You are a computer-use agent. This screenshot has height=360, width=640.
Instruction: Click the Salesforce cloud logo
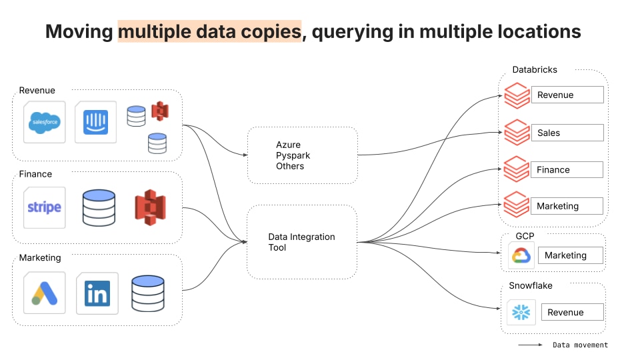coord(45,122)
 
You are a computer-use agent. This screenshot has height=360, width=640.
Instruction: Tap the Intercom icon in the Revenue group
coord(95,122)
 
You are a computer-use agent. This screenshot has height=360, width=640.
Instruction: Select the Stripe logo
coord(45,207)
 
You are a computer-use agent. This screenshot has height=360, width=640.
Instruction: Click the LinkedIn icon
coord(97,293)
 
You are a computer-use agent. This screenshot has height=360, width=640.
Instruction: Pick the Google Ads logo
coord(45,293)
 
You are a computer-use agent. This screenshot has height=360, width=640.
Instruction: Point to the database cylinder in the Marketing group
coord(148,293)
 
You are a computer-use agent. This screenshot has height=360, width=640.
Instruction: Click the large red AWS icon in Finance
coord(150,207)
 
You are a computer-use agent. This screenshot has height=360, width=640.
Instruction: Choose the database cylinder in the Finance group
coord(99,207)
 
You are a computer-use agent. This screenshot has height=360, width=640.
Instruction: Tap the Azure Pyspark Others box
coord(303,155)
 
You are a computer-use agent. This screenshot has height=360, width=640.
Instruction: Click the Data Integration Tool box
coord(302,242)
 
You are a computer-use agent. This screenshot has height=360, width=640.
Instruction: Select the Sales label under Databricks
coord(549,133)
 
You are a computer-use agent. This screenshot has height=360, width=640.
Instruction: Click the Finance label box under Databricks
coord(567,169)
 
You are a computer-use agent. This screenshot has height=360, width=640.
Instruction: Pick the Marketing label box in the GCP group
coord(571,255)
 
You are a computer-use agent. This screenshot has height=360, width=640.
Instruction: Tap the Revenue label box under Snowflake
coord(573,312)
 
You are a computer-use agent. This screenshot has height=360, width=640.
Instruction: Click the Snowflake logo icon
coord(521,312)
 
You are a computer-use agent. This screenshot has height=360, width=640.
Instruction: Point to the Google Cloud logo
coord(521,255)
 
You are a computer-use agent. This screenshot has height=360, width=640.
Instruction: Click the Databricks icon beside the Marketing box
coord(516,204)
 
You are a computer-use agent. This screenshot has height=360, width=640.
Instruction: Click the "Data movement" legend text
coord(581,345)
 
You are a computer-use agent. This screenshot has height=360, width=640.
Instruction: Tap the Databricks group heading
coord(535,69)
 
